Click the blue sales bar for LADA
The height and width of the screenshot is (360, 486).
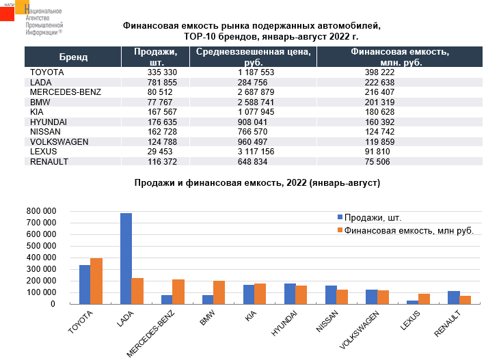click(x=126, y=258)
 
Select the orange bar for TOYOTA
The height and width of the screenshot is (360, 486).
click(x=96, y=281)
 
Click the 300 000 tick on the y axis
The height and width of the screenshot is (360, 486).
click(x=41, y=268)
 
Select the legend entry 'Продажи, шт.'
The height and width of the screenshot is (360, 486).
click(x=373, y=218)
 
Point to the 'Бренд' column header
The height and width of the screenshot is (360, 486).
click(x=73, y=57)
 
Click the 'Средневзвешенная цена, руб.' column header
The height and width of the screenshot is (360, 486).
click(x=253, y=57)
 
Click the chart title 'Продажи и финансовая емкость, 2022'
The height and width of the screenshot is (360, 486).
click(x=257, y=183)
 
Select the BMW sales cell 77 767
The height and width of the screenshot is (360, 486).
click(x=163, y=102)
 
